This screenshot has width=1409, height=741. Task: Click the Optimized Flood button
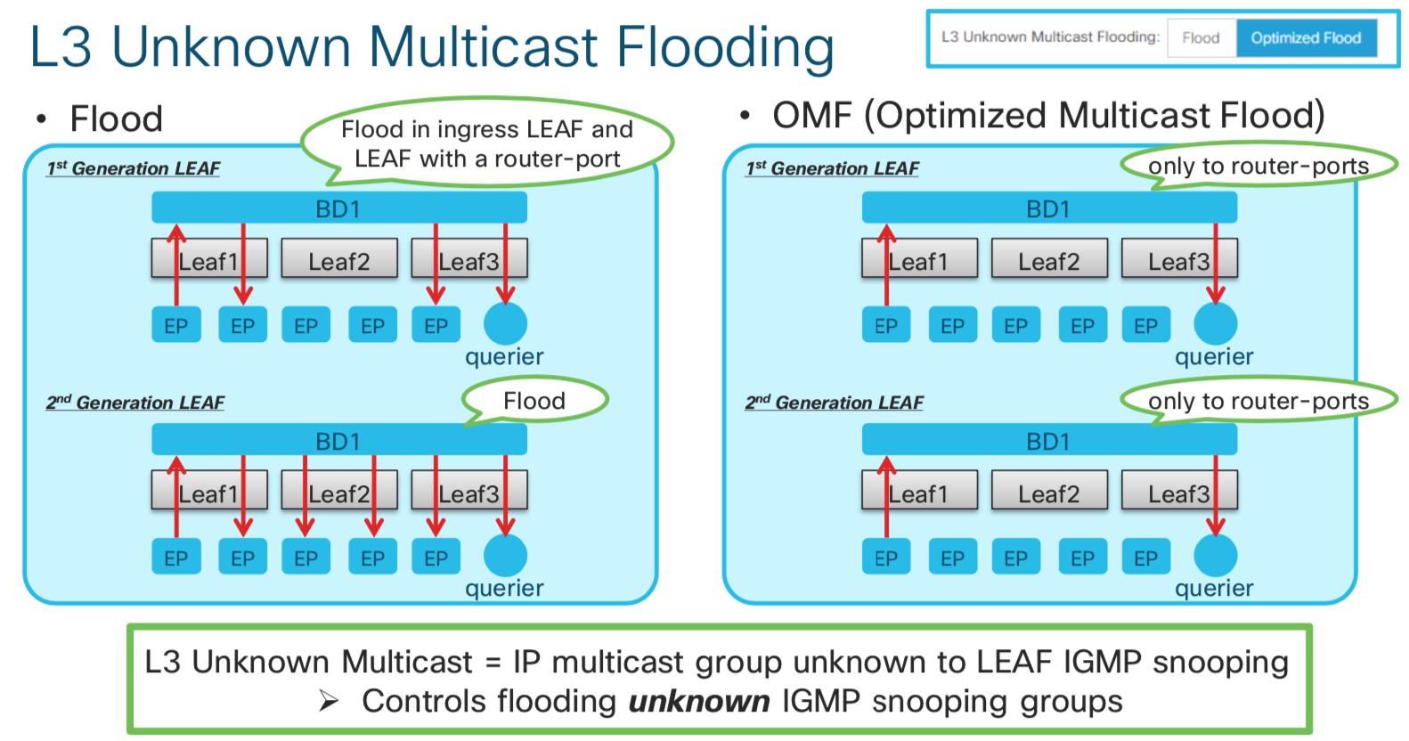(1305, 38)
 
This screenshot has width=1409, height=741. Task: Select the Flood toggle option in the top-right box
(1200, 38)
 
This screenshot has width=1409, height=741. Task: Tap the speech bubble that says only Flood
(534, 401)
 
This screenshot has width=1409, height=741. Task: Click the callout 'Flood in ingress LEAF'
(486, 143)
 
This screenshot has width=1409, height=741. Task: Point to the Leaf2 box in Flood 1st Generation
(338, 261)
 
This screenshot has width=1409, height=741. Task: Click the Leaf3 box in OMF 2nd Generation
(1177, 493)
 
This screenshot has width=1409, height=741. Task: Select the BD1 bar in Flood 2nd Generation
(338, 441)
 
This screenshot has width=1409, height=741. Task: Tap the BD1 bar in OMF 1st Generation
(1048, 209)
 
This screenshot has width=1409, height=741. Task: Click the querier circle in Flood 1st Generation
(505, 323)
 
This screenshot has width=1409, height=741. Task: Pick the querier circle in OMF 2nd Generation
(1215, 556)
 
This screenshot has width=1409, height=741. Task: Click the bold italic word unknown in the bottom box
(698, 701)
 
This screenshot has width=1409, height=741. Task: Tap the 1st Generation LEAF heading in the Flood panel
(134, 168)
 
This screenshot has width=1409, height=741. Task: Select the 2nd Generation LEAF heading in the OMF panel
(834, 403)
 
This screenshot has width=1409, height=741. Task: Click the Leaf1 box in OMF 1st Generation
(918, 261)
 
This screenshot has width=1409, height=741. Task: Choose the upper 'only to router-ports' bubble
(1258, 167)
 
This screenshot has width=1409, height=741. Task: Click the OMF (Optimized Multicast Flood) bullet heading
(1047, 116)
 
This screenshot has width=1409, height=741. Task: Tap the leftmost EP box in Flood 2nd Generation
(175, 558)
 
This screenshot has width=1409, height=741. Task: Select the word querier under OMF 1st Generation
(1214, 356)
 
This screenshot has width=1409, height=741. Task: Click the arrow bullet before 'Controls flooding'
(330, 702)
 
